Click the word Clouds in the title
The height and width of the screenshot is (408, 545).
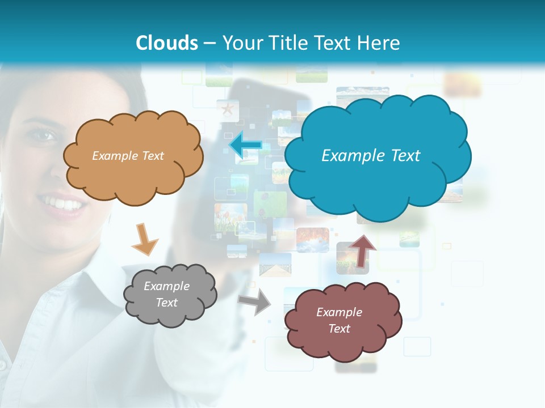(167, 42)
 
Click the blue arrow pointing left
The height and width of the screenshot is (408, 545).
(245, 144)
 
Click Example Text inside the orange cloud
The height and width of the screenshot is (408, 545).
(128, 156)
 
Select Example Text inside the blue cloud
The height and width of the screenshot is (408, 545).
(371, 156)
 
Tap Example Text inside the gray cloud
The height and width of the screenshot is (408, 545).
(167, 294)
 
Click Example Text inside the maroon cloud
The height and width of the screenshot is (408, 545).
(339, 320)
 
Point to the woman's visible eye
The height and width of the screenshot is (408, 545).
(44, 135)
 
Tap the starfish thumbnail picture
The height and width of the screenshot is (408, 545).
(227, 108)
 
